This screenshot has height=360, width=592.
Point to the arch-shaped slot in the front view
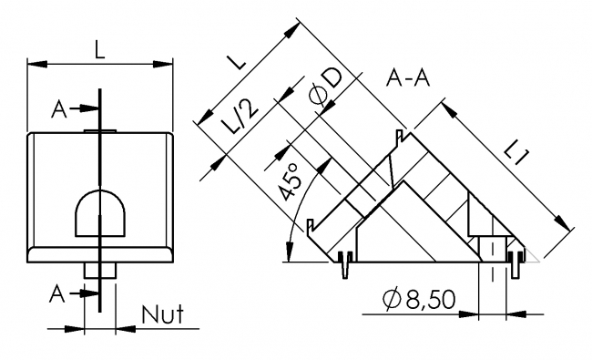(x=100, y=211)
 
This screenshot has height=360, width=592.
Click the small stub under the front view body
(x=100, y=270)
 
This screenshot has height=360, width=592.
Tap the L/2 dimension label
(x=241, y=117)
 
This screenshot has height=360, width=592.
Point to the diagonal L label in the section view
(x=236, y=62)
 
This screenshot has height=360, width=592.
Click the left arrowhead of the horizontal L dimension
(x=35, y=64)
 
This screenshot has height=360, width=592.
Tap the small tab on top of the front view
(x=100, y=131)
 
